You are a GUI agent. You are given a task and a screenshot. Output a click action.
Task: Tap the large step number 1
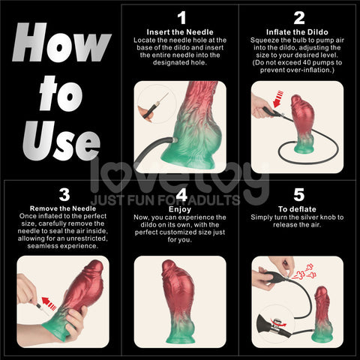click(180, 17)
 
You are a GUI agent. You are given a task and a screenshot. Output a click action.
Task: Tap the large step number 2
click(298, 17)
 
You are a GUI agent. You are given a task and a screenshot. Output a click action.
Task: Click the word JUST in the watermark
click(109, 200)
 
